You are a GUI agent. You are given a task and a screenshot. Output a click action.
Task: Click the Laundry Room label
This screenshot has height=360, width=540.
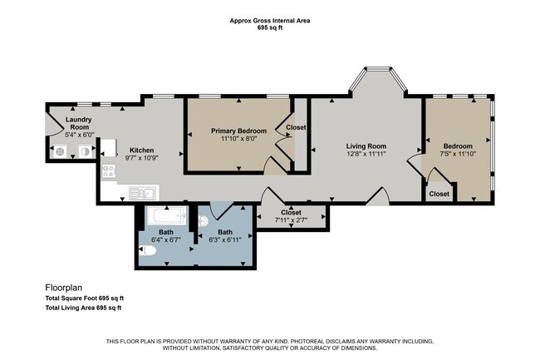pyautogui.click(x=79, y=123)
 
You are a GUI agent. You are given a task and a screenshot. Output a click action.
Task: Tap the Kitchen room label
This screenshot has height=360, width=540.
pyautogui.click(x=141, y=150)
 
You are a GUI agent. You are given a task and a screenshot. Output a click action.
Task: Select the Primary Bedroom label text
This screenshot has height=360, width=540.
pyautogui.click(x=238, y=131)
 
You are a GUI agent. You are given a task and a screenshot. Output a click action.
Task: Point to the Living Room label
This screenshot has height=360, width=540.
pyautogui.click(x=366, y=146)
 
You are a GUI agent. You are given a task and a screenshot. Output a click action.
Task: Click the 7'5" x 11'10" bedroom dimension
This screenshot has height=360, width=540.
pyautogui.click(x=458, y=154)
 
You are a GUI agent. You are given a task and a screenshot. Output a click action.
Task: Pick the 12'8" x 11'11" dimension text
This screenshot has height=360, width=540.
pyautogui.click(x=366, y=154)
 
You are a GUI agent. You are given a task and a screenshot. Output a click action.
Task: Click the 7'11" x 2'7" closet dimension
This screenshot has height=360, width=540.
pyautogui.click(x=291, y=220)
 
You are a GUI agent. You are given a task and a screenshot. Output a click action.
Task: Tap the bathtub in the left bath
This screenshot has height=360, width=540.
pyautogui.click(x=166, y=215)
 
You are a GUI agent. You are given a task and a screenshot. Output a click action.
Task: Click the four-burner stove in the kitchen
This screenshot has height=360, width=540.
pyautogui.click(x=109, y=171)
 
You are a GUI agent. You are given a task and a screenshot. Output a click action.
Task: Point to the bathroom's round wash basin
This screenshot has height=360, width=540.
pyautogui.click(x=204, y=221)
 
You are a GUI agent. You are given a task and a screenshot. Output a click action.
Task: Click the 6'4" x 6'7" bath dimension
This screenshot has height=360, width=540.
pyautogui.click(x=166, y=239)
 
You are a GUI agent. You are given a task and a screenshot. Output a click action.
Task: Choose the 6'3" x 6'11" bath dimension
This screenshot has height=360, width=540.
pyautogui.click(x=225, y=239)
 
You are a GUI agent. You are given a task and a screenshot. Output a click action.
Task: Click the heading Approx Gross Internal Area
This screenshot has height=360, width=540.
pyautogui.click(x=270, y=21)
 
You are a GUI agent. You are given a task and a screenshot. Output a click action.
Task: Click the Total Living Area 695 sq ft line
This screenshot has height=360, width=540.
pyautogui.click(x=83, y=308)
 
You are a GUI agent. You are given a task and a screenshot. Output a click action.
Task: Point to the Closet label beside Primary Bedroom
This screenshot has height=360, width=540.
pyautogui.click(x=297, y=127)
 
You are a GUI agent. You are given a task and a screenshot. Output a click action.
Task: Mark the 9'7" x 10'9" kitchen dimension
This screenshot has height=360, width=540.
pyautogui.click(x=141, y=159)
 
